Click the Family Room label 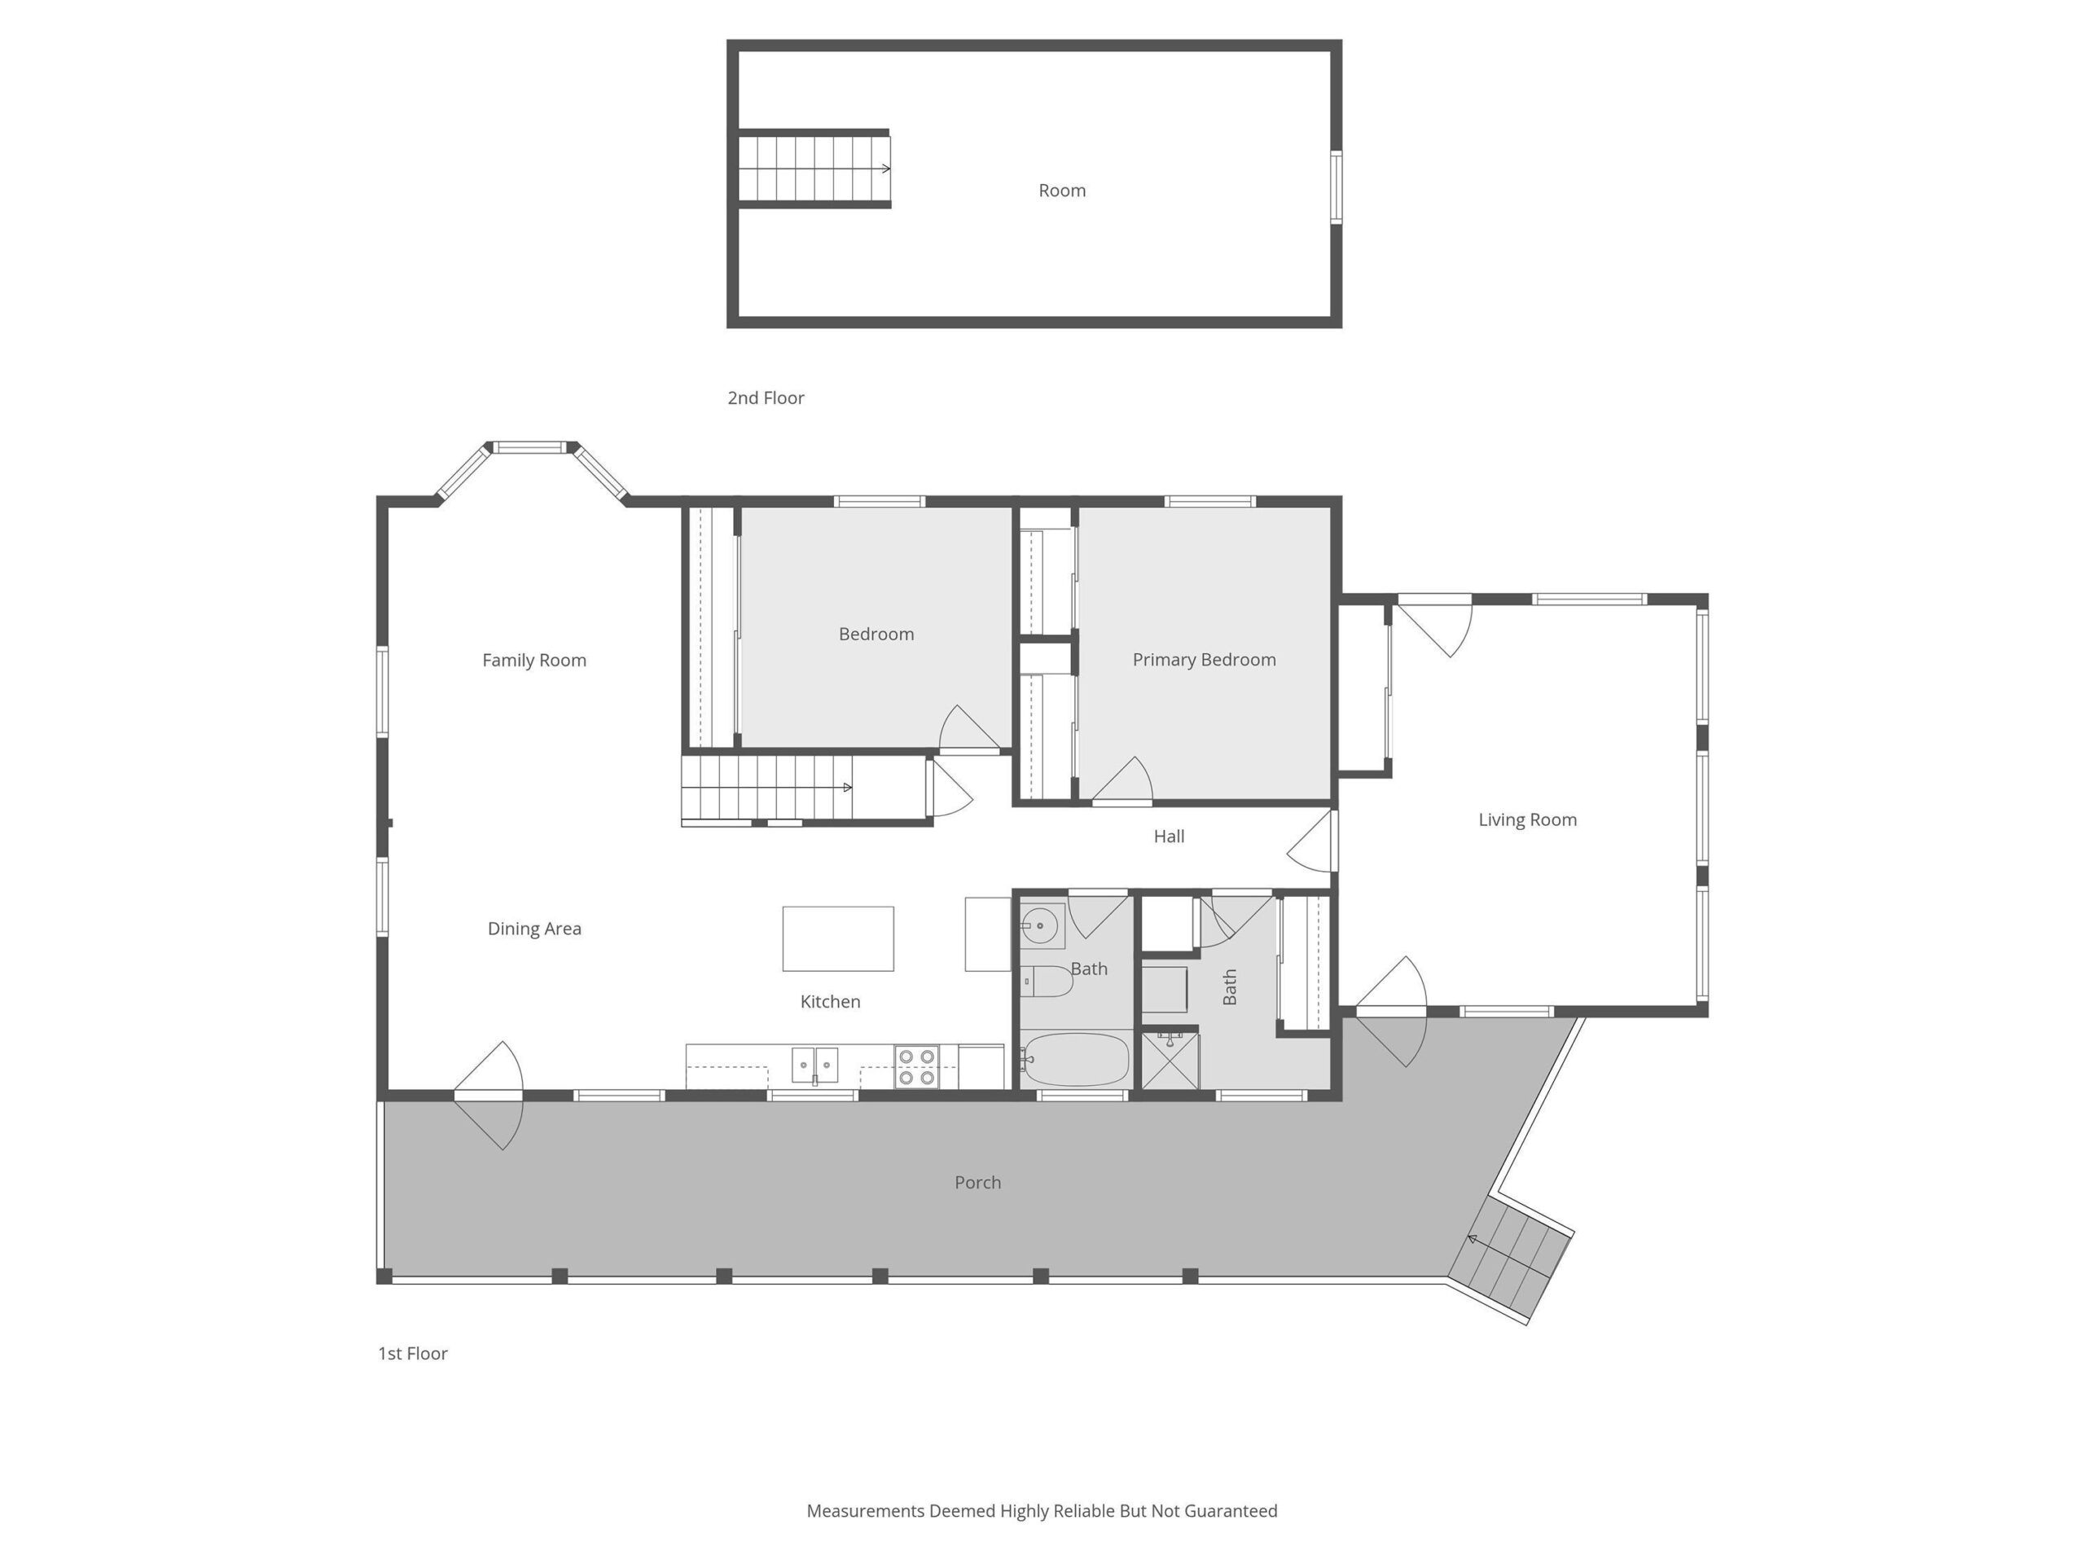tap(533, 660)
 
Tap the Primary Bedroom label tap(1204, 660)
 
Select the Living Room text tap(1527, 820)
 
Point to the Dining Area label tap(533, 929)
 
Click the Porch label tap(977, 1182)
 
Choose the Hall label tap(1169, 837)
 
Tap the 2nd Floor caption tap(766, 398)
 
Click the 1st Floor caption tap(412, 1354)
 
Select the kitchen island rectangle tap(838, 939)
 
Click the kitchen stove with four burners tap(916, 1067)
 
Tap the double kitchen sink tap(814, 1065)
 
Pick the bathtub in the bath tap(1076, 1060)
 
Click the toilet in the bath tap(1047, 982)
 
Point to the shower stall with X tap(1170, 1061)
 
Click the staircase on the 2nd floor tap(814, 169)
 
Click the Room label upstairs tap(1062, 191)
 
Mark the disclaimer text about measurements tap(1042, 1511)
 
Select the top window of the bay tap(531, 448)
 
